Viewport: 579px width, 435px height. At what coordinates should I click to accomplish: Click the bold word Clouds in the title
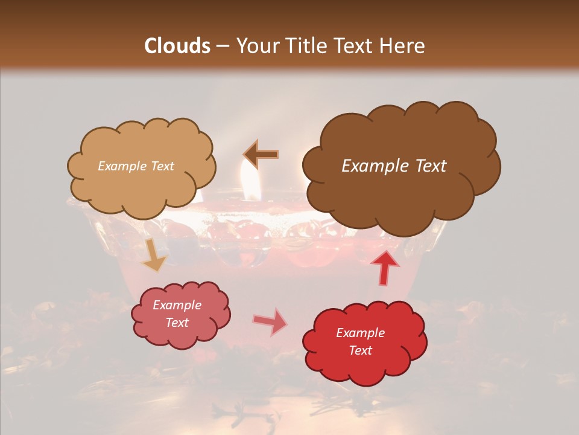[177, 46]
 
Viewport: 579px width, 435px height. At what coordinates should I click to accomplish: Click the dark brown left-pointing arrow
[261, 154]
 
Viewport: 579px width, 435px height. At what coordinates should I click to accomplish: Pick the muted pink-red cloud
[180, 315]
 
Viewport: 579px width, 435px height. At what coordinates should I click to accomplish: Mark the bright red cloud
[365, 342]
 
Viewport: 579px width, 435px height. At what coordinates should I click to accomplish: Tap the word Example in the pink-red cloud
[177, 305]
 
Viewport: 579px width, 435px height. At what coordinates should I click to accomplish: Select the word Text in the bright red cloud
[361, 350]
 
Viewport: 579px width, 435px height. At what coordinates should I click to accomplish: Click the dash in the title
[222, 47]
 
